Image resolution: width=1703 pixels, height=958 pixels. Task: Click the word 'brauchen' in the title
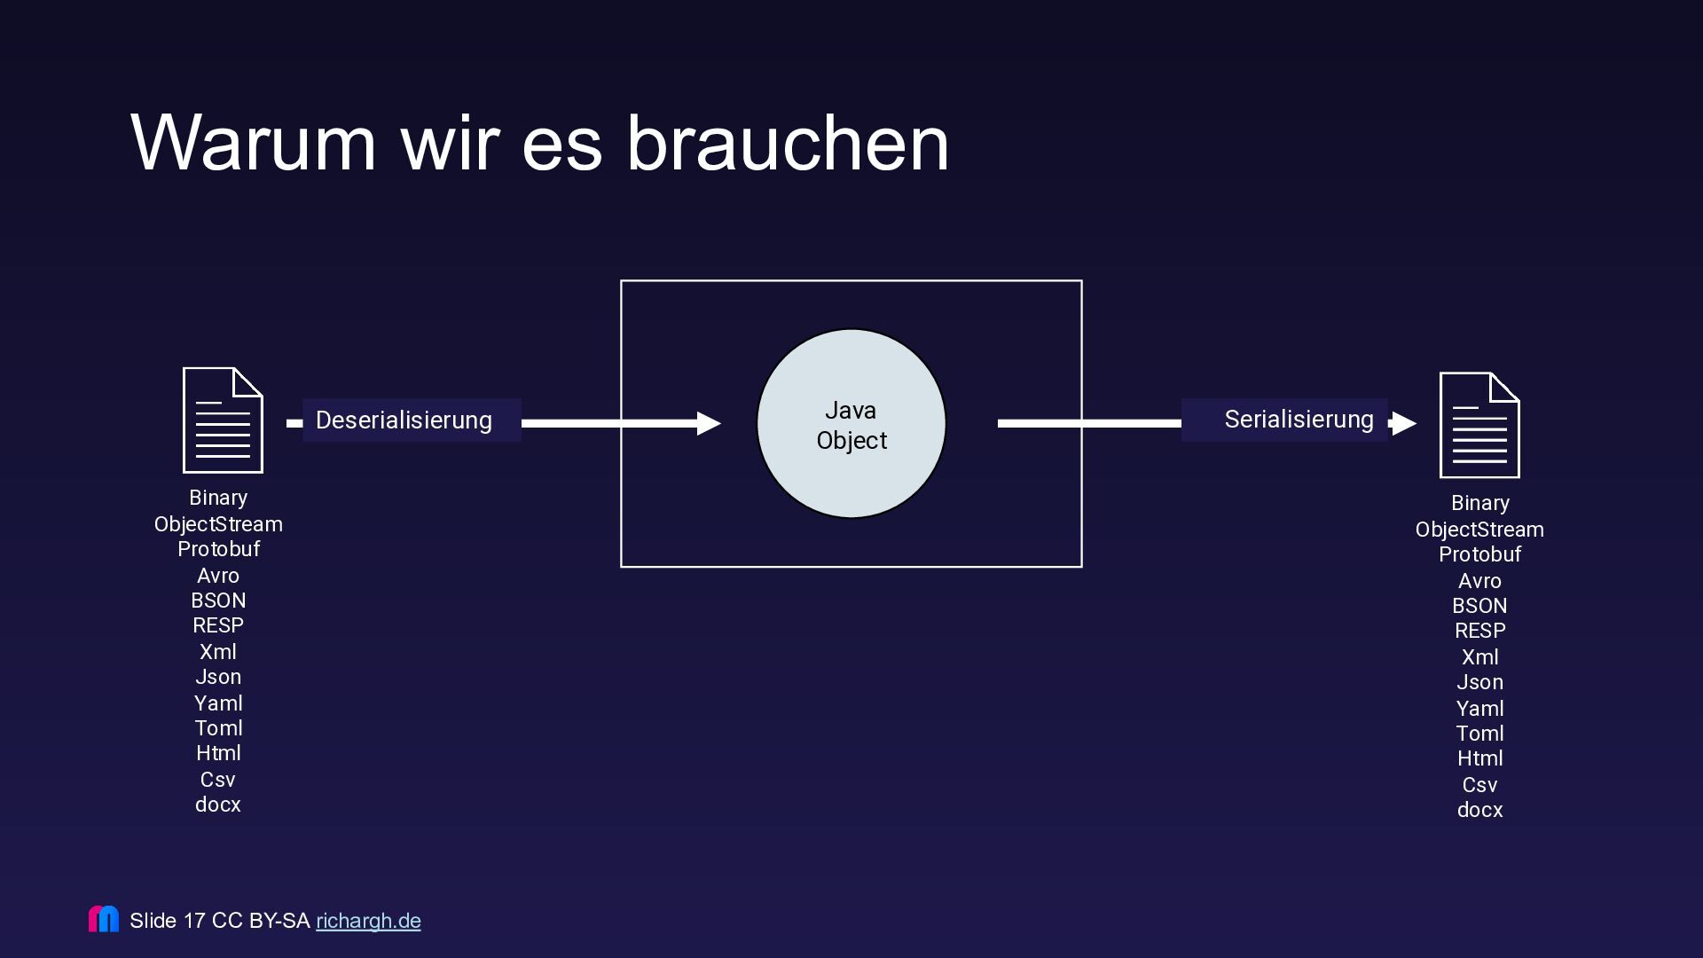[x=788, y=144]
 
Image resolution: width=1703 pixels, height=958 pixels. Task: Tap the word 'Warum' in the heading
[x=254, y=144]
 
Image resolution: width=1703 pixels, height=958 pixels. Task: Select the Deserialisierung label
[x=404, y=420]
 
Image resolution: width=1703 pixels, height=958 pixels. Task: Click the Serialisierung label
[x=1299, y=420]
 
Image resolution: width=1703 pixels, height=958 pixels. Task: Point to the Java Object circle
[x=851, y=424]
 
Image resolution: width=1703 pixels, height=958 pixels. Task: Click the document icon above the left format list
[x=223, y=420]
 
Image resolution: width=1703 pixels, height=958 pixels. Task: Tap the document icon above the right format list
[x=1479, y=425]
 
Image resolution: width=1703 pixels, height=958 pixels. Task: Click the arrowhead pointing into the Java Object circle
[x=708, y=424]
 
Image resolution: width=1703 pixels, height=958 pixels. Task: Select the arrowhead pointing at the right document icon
[x=1403, y=424]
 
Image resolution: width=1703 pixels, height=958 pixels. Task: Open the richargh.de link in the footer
[x=368, y=921]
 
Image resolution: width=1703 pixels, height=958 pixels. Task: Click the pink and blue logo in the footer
[x=104, y=919]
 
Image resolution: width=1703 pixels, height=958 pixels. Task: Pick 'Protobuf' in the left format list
[x=218, y=549]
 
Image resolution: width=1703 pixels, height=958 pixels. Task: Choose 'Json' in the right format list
[x=1479, y=682]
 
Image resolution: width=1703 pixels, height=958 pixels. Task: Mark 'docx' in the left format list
[x=218, y=805]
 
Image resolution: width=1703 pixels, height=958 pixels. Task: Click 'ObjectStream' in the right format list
[x=1479, y=530]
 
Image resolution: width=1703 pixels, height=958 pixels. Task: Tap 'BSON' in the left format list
[x=218, y=601]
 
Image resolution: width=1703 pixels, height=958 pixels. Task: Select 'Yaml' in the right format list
[x=1479, y=709]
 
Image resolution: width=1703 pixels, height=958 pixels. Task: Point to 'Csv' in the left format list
[x=218, y=780]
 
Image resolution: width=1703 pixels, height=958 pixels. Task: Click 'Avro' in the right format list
[x=1479, y=581]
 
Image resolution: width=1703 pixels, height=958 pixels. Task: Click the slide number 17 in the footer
[x=194, y=921]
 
